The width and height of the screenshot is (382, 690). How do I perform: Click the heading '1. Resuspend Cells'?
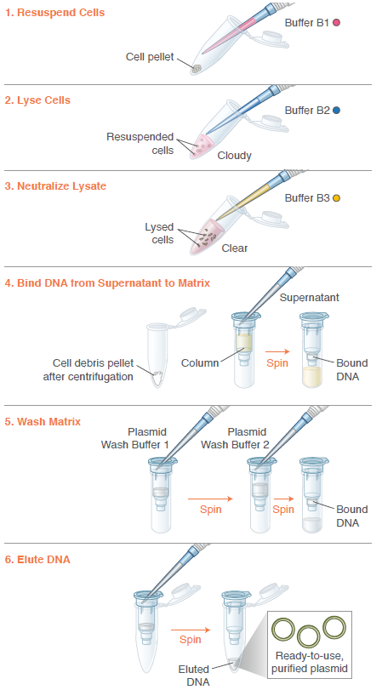pos(56,13)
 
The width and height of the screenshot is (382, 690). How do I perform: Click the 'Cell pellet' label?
pos(150,58)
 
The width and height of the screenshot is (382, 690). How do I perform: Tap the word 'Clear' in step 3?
pos(235,248)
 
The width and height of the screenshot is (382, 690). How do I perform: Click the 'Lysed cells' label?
pos(158,233)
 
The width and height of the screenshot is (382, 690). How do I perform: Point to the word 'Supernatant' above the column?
pos(310,298)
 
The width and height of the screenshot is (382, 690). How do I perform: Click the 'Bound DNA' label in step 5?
pos(352,516)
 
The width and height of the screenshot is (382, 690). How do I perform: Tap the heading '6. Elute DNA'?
pos(44,560)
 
